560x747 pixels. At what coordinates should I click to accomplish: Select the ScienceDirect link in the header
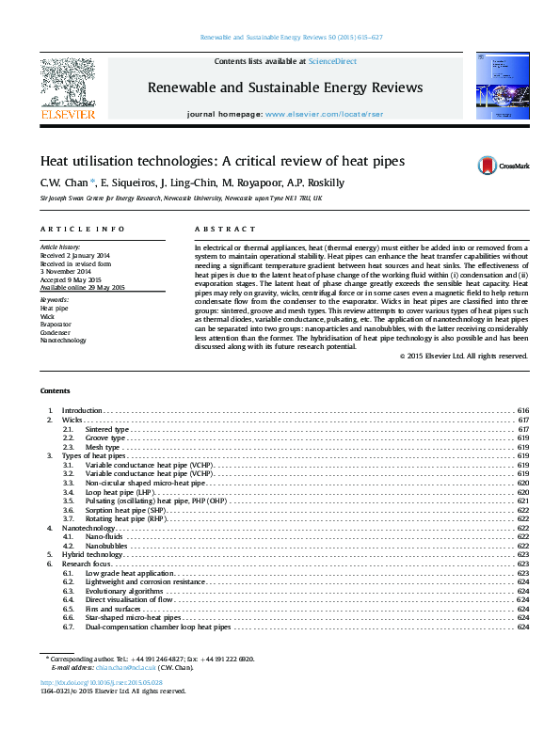pos(335,61)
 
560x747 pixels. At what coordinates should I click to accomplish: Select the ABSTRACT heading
pos(225,229)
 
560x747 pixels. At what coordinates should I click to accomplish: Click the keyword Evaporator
pos(56,323)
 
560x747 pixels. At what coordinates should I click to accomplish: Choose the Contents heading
pos(56,390)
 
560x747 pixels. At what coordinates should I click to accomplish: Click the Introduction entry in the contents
pos(81,411)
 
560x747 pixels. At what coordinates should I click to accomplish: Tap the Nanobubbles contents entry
pos(105,546)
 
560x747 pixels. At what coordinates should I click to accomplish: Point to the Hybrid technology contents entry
pos(94,555)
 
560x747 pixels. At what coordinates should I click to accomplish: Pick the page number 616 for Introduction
pos(523,411)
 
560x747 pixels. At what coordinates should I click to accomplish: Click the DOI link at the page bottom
pos(102,682)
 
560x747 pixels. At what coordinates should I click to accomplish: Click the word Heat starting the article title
pos(55,161)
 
